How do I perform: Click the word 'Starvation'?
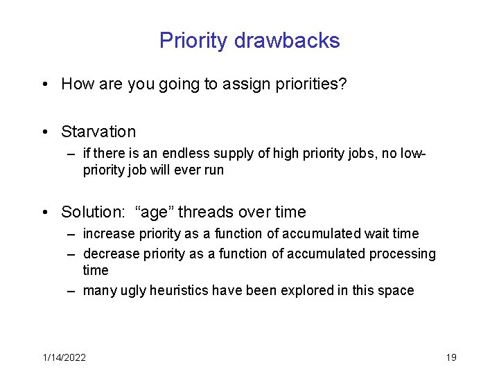pyautogui.click(x=98, y=132)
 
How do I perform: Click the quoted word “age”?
pyautogui.click(x=146, y=212)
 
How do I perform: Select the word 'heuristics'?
pyautogui.click(x=177, y=291)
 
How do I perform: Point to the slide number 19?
pyautogui.click(x=451, y=357)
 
